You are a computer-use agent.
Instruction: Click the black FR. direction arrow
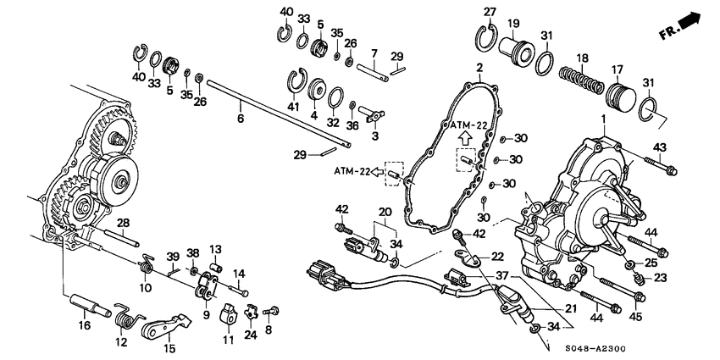pyautogui.click(x=690, y=21)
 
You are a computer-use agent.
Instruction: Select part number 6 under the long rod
pyautogui.click(x=241, y=119)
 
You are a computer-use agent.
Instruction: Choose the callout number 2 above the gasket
pyautogui.click(x=479, y=69)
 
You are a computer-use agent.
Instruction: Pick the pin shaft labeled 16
pyautogui.click(x=91, y=306)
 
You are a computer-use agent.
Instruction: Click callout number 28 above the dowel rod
pyautogui.click(x=123, y=224)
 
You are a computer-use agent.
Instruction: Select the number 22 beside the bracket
pyautogui.click(x=498, y=257)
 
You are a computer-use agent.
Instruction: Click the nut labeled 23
pyautogui.click(x=638, y=279)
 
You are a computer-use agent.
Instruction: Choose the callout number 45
pyautogui.click(x=637, y=318)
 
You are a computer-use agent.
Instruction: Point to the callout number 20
pyautogui.click(x=384, y=212)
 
